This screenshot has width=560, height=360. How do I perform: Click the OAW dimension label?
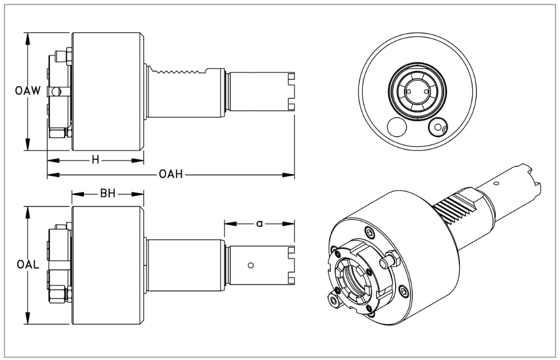click(x=27, y=91)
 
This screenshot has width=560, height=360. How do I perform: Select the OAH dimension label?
click(x=170, y=176)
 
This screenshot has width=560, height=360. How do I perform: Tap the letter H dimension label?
click(x=96, y=160)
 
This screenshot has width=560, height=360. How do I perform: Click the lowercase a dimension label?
click(x=259, y=223)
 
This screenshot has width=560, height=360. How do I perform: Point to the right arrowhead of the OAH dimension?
click(x=291, y=176)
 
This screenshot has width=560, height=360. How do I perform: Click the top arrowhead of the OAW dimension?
click(x=27, y=35)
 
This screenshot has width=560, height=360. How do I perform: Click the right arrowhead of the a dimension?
click(x=291, y=223)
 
